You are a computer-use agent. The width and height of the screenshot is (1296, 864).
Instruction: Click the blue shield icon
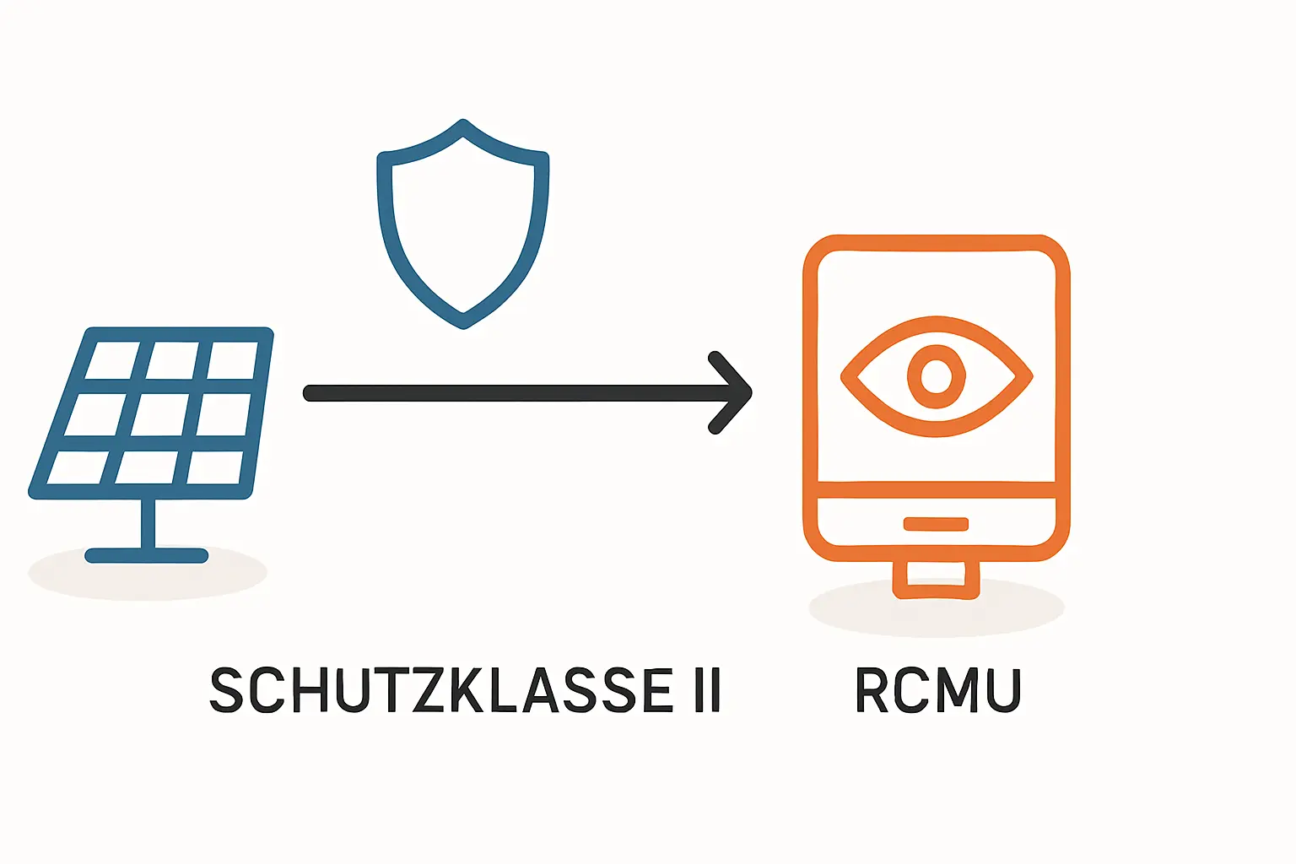pos(462,224)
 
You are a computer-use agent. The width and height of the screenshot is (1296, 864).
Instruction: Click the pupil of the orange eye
pos(936,375)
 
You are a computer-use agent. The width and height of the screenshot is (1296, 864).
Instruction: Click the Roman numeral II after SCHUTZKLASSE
pos(707,690)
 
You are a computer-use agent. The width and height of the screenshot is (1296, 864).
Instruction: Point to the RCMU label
pos(938,690)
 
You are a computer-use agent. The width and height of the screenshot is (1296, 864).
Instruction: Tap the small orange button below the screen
pos(936,524)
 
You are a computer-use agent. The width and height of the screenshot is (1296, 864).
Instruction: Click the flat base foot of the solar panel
pos(147,555)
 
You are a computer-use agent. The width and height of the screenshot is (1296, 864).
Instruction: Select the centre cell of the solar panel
pos(160,414)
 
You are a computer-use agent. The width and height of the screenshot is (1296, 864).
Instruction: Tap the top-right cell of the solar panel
pos(232,360)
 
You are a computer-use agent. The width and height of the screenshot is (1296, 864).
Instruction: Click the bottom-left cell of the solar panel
pos(78,467)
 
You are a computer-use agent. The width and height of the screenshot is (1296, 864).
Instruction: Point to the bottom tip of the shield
pos(463,323)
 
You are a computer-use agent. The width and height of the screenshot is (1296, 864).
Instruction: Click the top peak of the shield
pos(462,125)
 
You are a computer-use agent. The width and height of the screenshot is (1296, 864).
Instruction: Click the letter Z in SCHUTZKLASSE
pos(422,690)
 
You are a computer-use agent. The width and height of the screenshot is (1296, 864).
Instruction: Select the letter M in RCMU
pos(956,690)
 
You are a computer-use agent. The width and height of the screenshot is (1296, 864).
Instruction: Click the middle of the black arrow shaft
pos(515,393)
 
